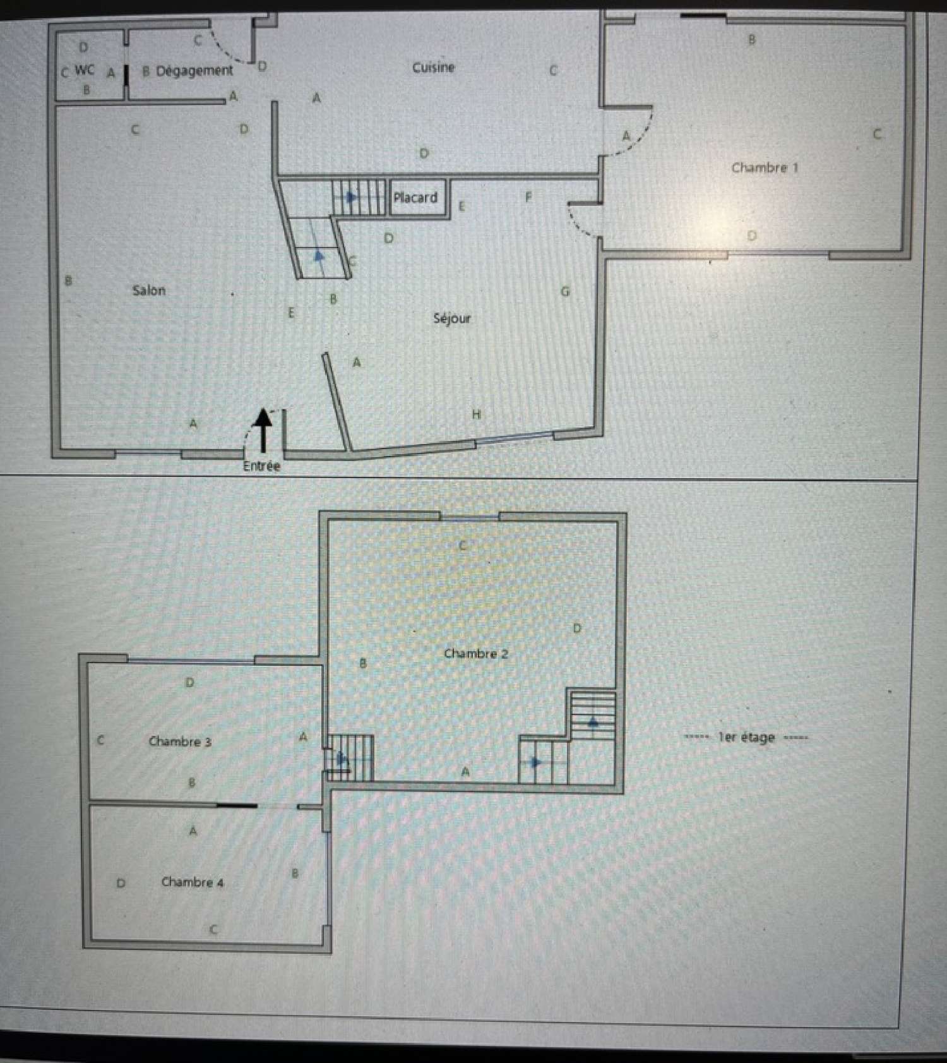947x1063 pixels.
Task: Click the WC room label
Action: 85,69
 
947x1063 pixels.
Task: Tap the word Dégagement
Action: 194,71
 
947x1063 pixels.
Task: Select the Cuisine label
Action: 433,68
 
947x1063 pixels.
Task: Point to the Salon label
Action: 149,291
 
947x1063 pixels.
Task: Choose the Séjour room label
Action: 452,318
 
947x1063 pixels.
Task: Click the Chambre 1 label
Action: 765,168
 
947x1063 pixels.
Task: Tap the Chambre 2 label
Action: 475,654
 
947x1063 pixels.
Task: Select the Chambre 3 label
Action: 180,742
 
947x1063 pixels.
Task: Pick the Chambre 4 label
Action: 193,882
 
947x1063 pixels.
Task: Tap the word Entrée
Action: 261,466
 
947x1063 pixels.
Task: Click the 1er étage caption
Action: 746,737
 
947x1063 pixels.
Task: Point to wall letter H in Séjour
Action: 477,414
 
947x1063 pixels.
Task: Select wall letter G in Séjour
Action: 565,292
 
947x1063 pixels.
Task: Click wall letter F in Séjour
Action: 528,197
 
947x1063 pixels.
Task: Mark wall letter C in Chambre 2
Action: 463,545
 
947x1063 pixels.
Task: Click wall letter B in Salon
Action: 68,280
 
